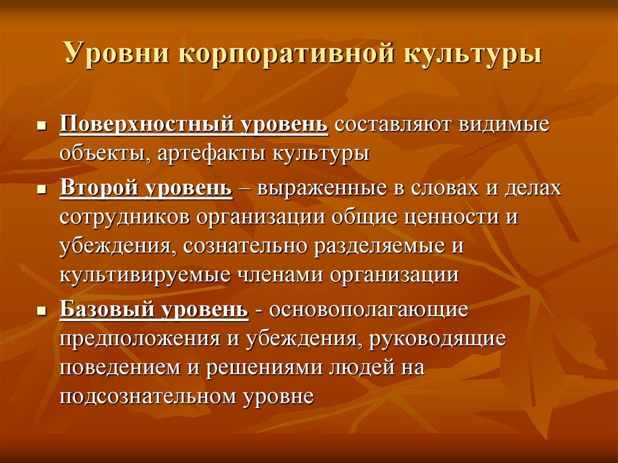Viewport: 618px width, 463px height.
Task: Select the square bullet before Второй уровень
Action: click(42, 190)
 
